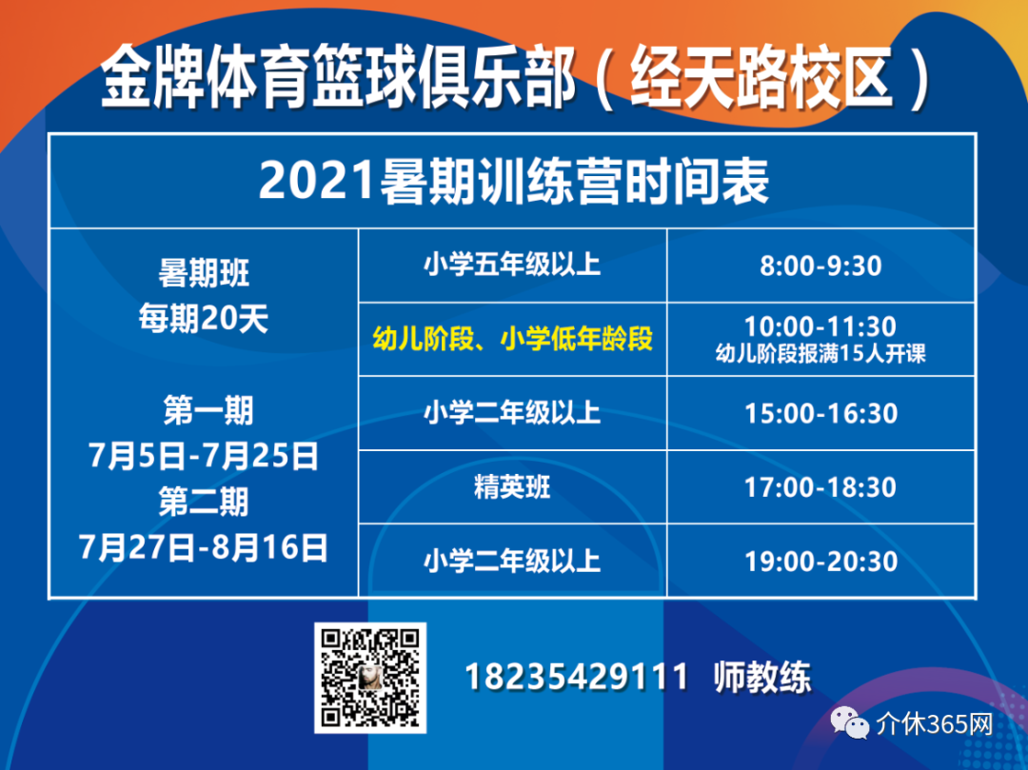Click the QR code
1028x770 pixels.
coord(370,678)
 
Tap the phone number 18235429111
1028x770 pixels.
coord(576,677)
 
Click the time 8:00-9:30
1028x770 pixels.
coord(820,267)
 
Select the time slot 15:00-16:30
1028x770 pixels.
coord(820,413)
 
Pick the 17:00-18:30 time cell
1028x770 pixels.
coord(820,487)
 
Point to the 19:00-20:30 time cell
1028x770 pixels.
coord(820,562)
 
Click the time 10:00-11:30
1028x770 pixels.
coord(820,326)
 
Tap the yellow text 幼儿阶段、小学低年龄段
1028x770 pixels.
coord(513,339)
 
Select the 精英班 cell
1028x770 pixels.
coord(512,487)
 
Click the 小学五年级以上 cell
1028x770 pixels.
coord(512,266)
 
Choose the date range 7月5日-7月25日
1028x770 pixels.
coord(204,456)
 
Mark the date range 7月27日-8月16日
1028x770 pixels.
coord(204,547)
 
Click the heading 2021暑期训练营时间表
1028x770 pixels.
coord(513,182)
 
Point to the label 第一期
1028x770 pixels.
coord(208,410)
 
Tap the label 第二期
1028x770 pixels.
coord(204,502)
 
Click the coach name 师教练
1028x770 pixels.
coord(762,677)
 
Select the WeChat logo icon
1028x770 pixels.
coord(850,722)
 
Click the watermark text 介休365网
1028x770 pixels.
coord(935,724)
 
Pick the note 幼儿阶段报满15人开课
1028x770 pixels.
coord(820,354)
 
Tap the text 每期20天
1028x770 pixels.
coord(204,320)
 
